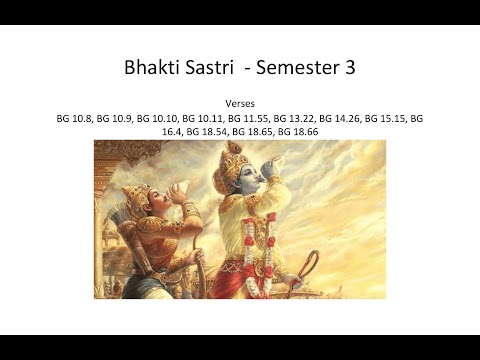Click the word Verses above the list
240,103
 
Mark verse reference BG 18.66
299,131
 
